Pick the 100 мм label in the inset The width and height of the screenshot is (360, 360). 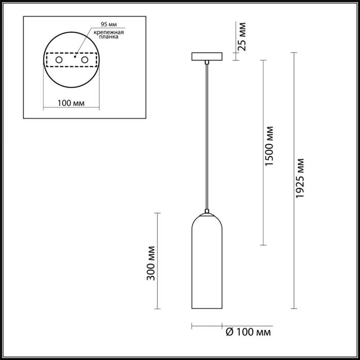click(x=72, y=103)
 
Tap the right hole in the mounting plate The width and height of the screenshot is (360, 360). click(x=84, y=59)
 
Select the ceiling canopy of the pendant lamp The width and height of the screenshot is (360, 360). click(x=207, y=57)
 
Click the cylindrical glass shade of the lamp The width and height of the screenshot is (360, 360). click(x=207, y=265)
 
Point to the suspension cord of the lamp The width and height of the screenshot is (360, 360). click(x=207, y=135)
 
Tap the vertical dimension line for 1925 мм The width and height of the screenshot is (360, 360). click(x=294, y=180)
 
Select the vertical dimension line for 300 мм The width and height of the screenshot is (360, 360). click(x=157, y=261)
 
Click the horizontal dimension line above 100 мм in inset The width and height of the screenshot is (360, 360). click(x=71, y=108)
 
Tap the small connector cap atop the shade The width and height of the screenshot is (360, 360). click(x=207, y=211)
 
